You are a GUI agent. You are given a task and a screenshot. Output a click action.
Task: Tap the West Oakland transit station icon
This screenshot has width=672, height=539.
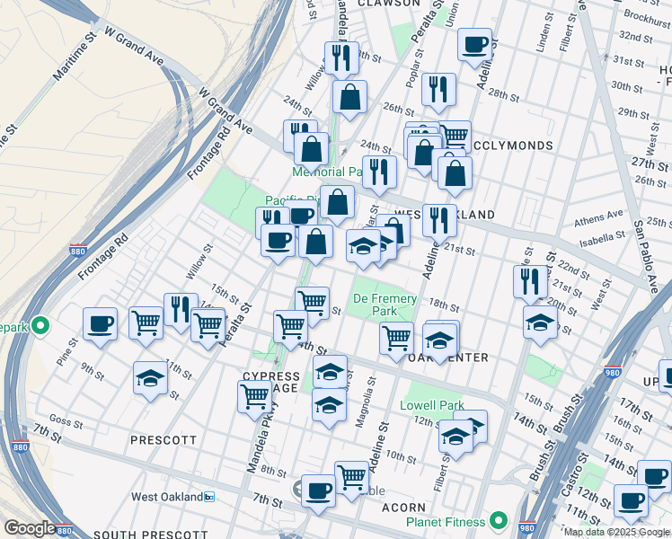tap(209, 497)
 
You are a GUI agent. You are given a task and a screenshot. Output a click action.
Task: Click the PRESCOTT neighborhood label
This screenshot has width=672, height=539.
tap(163, 440)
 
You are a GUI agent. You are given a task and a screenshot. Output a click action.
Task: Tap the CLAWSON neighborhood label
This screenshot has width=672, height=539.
tap(388, 4)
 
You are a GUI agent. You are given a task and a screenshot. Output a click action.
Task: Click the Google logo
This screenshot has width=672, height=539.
tap(30, 528)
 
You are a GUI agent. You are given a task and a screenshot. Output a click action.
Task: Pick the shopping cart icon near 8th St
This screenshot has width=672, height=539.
tap(351, 476)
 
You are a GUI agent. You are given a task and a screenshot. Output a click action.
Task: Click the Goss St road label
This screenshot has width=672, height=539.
tap(66, 420)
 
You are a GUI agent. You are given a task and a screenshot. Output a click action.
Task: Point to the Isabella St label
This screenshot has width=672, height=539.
tap(603, 237)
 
